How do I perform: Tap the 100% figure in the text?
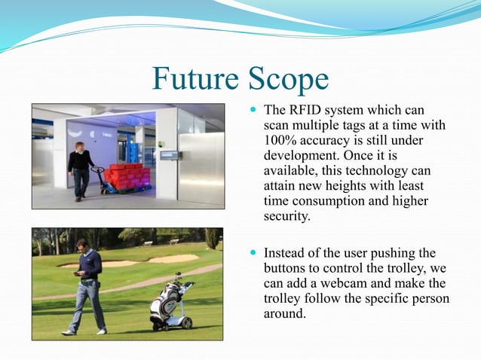280,141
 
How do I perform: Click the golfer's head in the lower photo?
84,246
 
